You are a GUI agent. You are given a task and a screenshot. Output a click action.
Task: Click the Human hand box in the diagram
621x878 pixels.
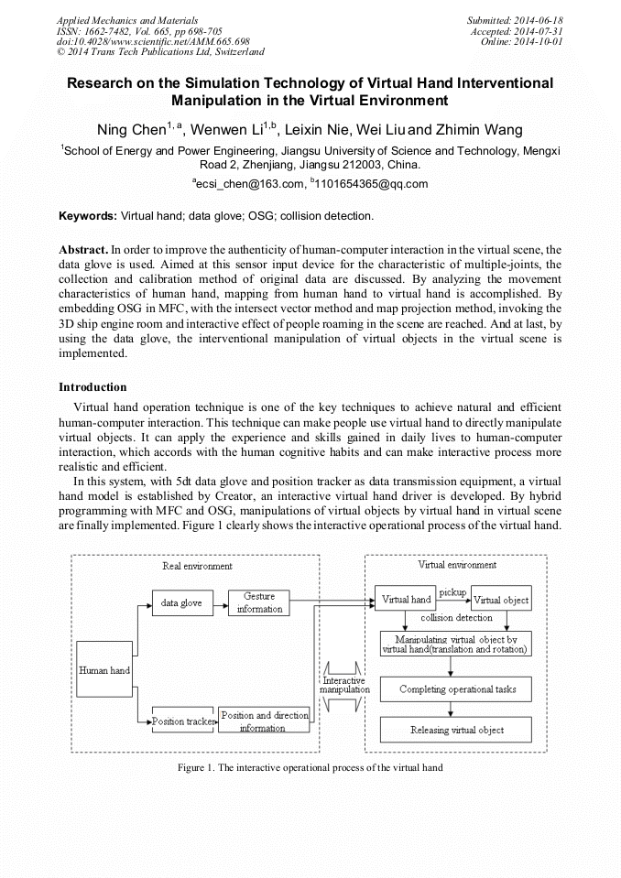[x=104, y=670]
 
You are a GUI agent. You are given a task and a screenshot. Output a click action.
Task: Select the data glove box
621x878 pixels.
[x=181, y=603]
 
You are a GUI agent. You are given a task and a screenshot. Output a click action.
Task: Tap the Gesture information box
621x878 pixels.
[x=259, y=602]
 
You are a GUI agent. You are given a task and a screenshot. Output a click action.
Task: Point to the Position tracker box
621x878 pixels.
[x=182, y=721]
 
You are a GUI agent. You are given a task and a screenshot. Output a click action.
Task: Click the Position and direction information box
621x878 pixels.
[x=263, y=721]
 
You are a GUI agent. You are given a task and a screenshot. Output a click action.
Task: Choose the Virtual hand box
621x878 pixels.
[x=406, y=600]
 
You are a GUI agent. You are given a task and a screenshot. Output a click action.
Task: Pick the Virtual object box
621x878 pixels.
[x=501, y=600]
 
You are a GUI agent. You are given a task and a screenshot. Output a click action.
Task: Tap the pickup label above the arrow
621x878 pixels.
[x=452, y=592]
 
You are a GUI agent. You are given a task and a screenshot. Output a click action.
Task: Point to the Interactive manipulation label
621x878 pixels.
[x=344, y=686]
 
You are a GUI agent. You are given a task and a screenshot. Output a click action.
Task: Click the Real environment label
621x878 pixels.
[x=197, y=566]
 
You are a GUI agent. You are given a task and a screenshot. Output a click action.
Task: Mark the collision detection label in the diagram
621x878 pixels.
[x=462, y=618]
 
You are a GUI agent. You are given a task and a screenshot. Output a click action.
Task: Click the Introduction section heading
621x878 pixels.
[x=93, y=387]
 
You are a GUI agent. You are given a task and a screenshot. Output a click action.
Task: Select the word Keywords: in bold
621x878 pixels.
[x=88, y=216]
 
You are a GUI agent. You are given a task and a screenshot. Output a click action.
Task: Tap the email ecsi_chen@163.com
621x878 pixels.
[x=246, y=184]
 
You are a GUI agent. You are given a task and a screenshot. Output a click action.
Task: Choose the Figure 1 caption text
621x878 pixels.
[x=310, y=767]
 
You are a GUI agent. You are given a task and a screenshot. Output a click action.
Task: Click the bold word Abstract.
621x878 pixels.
[x=83, y=249]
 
